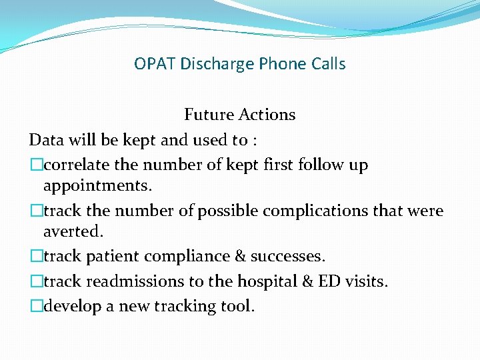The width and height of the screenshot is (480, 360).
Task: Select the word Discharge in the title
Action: tap(207, 64)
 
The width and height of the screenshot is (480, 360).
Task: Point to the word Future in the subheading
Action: tap(207, 115)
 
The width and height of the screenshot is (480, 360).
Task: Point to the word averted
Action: tap(74, 231)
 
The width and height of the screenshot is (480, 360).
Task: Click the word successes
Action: tap(285, 256)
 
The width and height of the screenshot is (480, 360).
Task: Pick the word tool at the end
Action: tap(239, 307)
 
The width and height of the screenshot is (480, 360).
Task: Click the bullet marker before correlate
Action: tap(35, 165)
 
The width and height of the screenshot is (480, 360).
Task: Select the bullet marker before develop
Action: tap(35, 307)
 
